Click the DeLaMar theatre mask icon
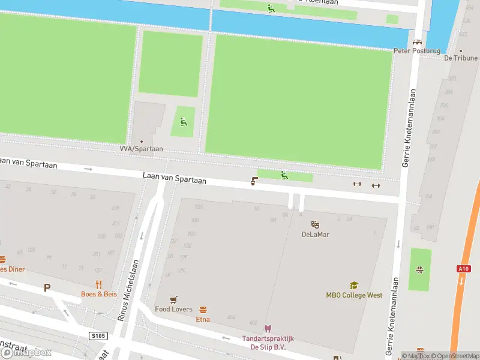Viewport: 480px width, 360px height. click(x=315, y=224)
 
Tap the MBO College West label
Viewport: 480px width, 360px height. click(x=354, y=295)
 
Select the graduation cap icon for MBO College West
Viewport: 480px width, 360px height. click(x=354, y=286)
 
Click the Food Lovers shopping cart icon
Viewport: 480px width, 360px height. click(x=174, y=299)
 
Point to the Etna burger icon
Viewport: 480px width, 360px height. click(x=203, y=310)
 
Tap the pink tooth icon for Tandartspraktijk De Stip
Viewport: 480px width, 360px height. click(x=268, y=328)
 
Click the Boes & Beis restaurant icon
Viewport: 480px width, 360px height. click(x=99, y=284)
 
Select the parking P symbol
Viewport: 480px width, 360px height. click(x=47, y=288)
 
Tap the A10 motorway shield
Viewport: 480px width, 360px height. click(x=463, y=269)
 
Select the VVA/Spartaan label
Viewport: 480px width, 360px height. click(x=141, y=149)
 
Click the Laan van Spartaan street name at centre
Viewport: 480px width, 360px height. click(x=174, y=179)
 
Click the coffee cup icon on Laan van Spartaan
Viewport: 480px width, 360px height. click(x=254, y=181)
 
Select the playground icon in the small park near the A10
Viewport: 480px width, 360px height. click(x=419, y=269)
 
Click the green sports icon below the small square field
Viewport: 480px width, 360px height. click(x=184, y=122)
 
